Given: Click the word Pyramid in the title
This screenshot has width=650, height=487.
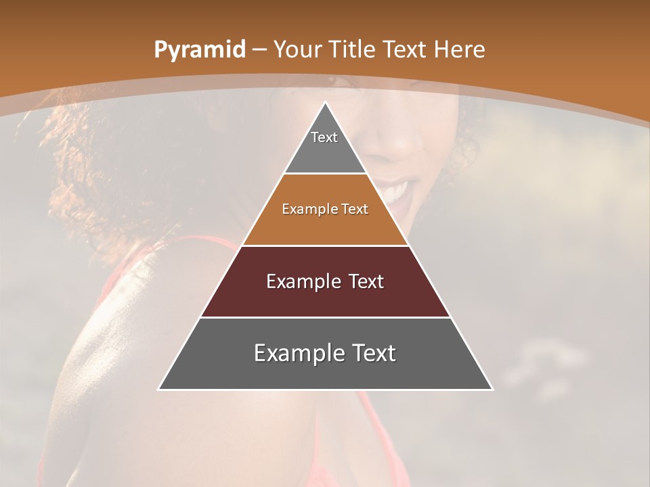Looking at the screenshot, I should click(x=199, y=49).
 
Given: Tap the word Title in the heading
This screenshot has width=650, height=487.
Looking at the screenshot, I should click(x=353, y=49).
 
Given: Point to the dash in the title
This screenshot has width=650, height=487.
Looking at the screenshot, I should click(x=259, y=50).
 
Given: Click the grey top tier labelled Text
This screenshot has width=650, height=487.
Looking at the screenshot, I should click(x=325, y=145).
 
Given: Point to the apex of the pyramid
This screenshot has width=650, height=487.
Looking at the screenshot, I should click(x=325, y=103).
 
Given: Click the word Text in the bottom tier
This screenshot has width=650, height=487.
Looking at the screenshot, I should click(x=373, y=353).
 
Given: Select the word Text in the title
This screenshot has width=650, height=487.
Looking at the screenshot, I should click(x=405, y=49).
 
